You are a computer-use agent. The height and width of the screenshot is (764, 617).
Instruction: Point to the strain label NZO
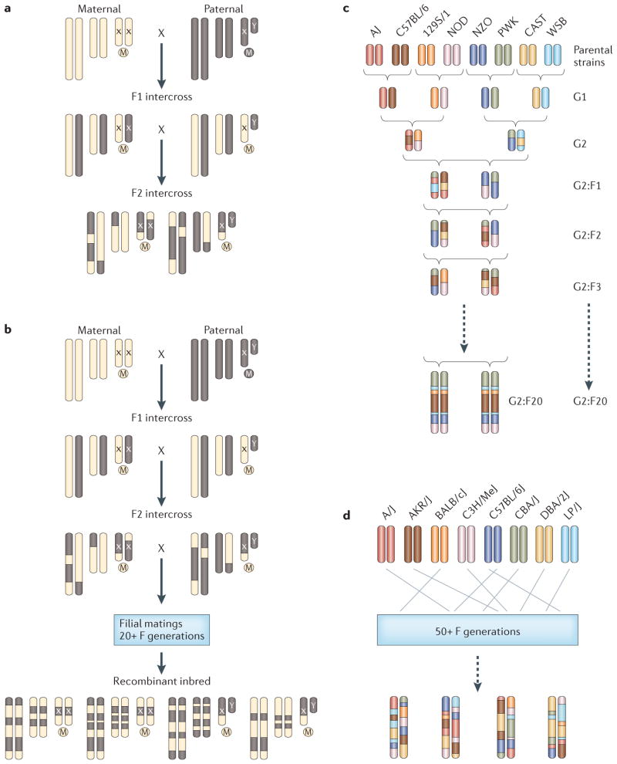pos(478,31)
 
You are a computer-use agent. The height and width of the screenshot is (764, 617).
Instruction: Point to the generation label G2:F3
pos(548,286)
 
